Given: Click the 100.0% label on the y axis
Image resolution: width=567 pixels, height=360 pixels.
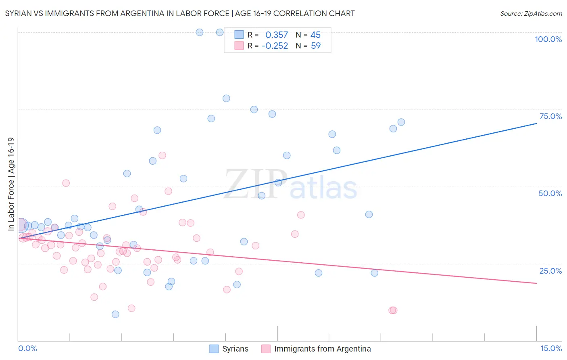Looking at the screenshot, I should tap(548, 39).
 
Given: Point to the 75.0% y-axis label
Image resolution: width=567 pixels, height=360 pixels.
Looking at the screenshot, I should tap(550, 116).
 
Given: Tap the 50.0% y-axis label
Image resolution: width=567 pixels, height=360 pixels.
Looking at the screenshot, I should tap(550, 193).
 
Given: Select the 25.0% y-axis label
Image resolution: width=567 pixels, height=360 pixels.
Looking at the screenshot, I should tap(550, 271).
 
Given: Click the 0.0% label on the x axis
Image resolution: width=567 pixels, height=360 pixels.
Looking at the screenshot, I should tap(27, 348).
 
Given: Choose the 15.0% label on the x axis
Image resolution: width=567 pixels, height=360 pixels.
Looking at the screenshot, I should tap(551, 348).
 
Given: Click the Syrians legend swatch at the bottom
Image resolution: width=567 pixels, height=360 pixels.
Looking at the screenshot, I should tap(214, 349).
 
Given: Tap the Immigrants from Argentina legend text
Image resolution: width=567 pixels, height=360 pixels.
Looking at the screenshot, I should tap(322, 349).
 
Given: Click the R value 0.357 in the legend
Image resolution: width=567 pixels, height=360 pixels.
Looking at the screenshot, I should tap(277, 35).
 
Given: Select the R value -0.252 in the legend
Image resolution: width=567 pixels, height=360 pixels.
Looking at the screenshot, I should tap(275, 46).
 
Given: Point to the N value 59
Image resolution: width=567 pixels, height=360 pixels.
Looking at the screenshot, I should tap(316, 46).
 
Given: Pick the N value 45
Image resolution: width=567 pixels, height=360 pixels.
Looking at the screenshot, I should tap(315, 35).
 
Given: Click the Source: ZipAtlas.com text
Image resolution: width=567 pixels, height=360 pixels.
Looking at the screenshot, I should tap(531, 14).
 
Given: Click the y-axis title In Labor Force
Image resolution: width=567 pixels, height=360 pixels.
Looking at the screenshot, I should tap(11, 184).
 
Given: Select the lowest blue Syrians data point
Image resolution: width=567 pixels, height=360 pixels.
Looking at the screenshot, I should tap(115, 314).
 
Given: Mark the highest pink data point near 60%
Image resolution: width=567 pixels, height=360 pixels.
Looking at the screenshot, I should tap(162, 155).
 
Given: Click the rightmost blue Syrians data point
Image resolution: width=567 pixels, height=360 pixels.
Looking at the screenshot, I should tap(401, 122).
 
